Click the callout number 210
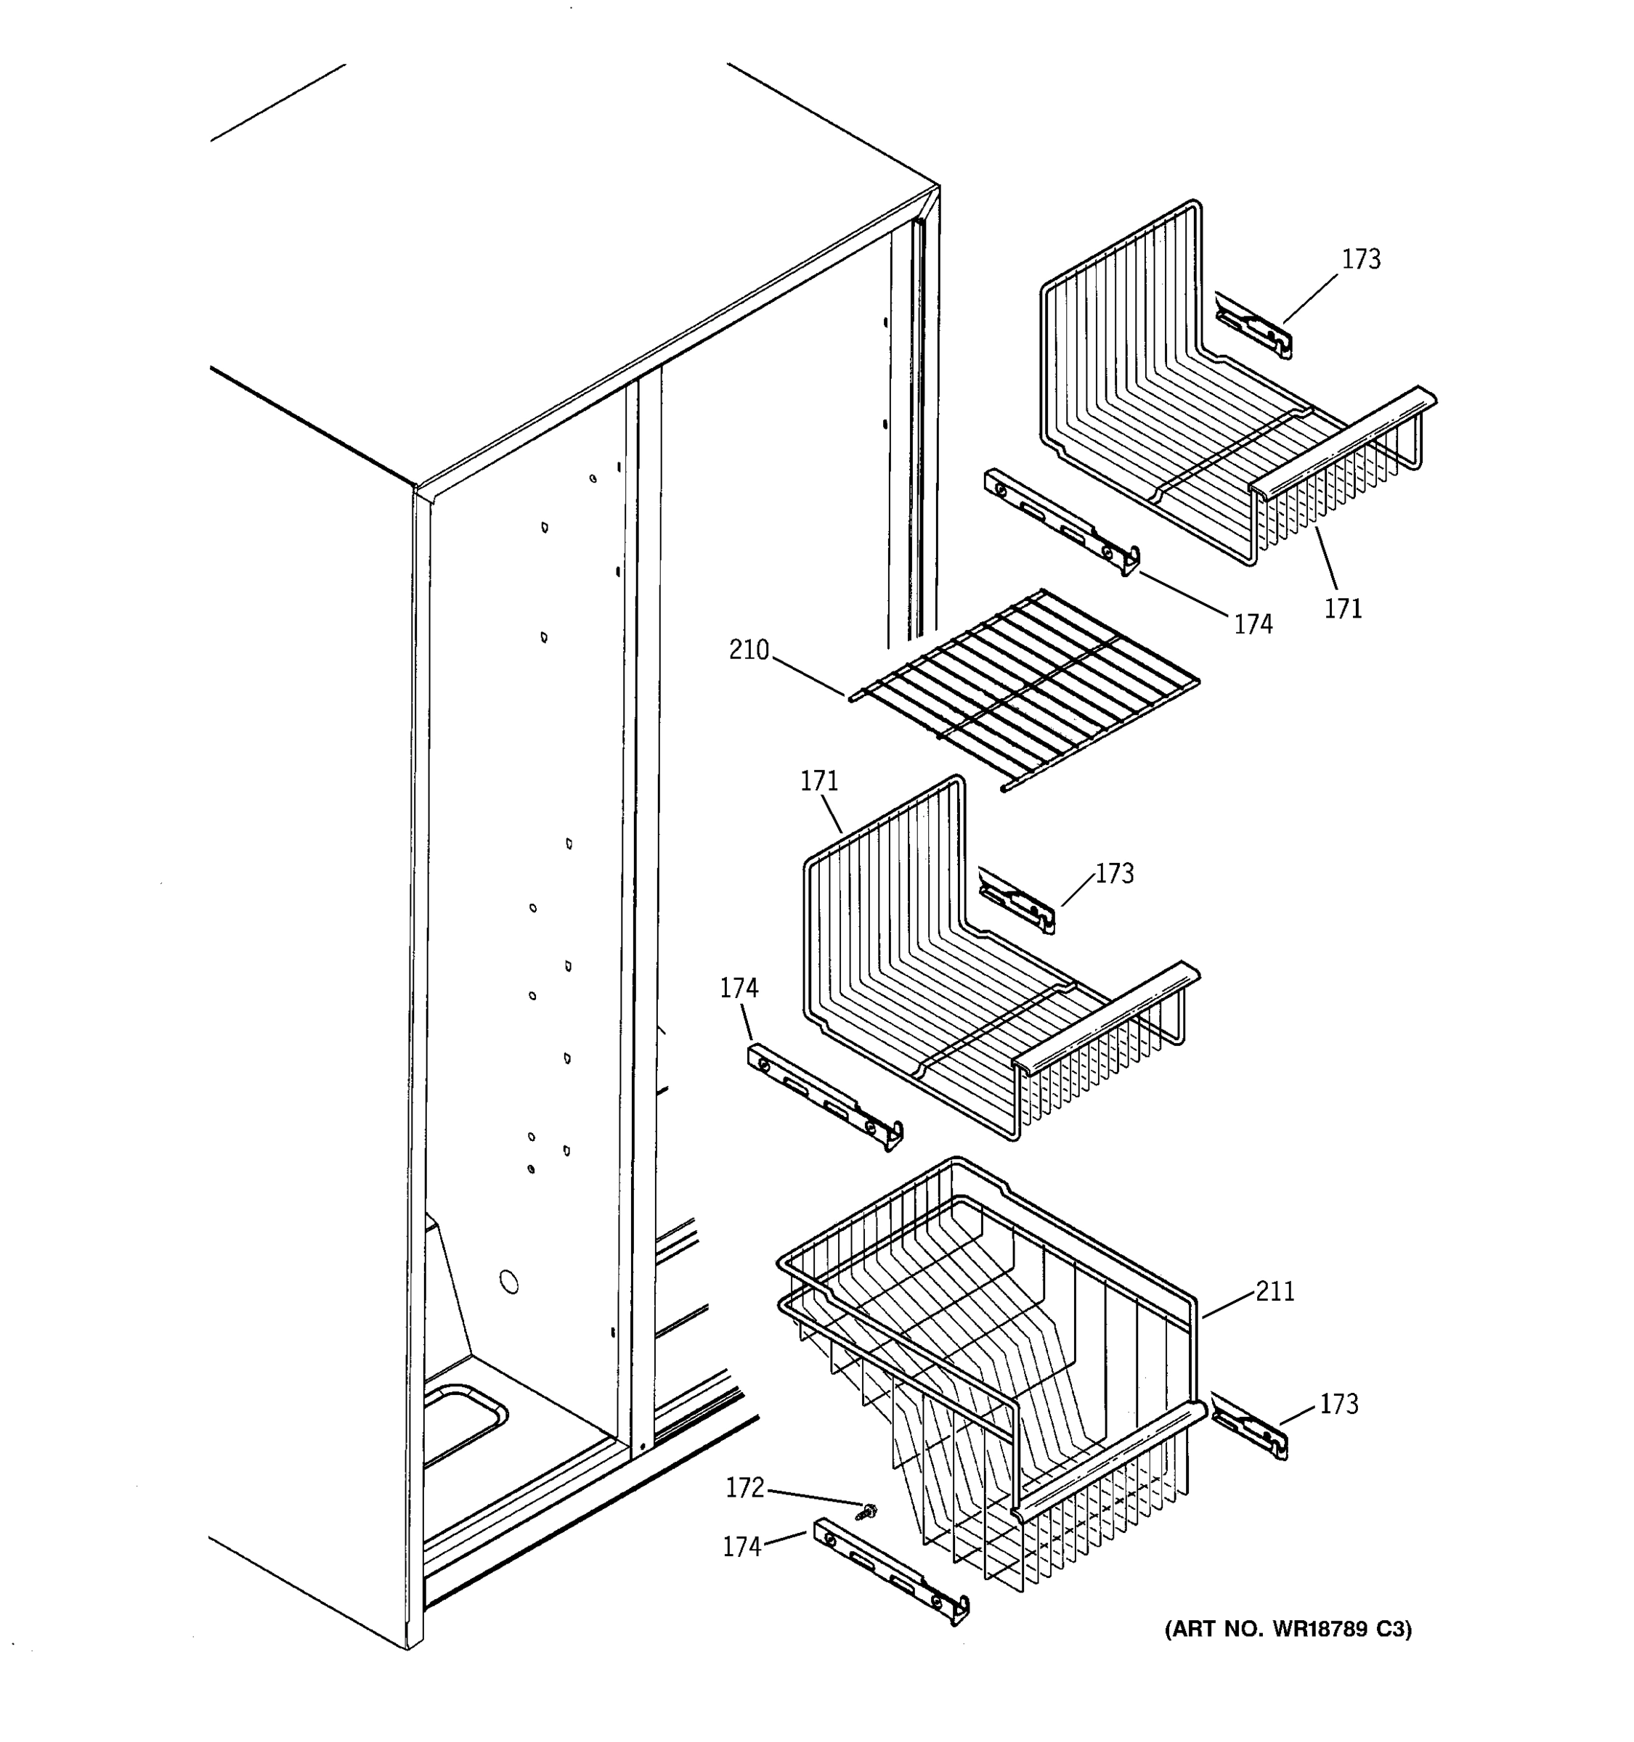coord(749,650)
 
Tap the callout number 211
coord(1275,1291)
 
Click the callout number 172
coord(745,1488)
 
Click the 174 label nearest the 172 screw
coord(741,1547)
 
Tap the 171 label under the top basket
coord(1342,608)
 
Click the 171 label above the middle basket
coord(818,781)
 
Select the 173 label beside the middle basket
coord(1114,874)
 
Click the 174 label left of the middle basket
coord(739,989)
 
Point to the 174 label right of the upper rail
coord(1253,624)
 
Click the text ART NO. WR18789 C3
coord(1288,1629)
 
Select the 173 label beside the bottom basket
coord(1338,1404)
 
